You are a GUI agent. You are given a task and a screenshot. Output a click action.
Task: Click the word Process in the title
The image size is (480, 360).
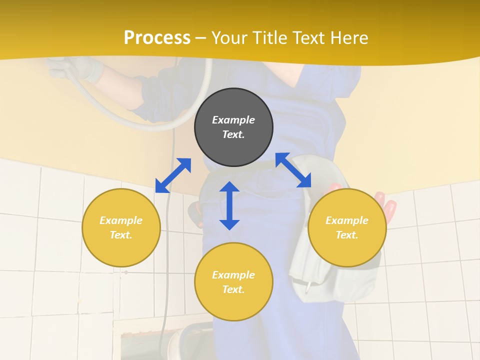tap(157, 38)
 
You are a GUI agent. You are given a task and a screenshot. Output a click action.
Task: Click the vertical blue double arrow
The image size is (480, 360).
tap(229, 205)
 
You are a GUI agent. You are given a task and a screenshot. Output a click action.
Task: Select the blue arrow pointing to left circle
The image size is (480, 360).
tap(173, 175)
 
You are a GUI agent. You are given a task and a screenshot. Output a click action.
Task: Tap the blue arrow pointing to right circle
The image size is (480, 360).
tap(293, 170)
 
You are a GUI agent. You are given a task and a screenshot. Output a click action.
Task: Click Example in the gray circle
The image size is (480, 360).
tap(233, 120)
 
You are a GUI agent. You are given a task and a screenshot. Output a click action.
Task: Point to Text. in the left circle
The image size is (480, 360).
tap(121, 235)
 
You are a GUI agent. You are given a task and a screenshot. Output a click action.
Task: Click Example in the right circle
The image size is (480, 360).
tap(347, 220)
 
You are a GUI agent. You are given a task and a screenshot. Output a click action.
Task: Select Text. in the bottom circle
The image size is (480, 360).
tap(233, 289)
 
